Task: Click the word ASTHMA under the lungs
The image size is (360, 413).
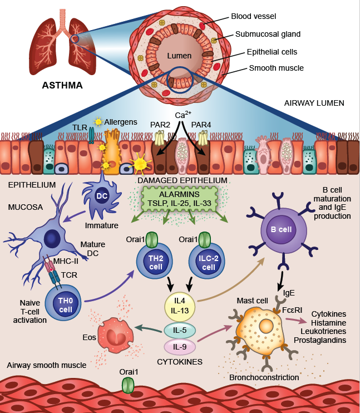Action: coord(62,85)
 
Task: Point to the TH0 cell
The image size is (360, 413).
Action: coord(66,303)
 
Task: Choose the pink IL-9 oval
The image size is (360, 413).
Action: coord(179,347)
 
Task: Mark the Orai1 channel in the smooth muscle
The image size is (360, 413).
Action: coord(128,385)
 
